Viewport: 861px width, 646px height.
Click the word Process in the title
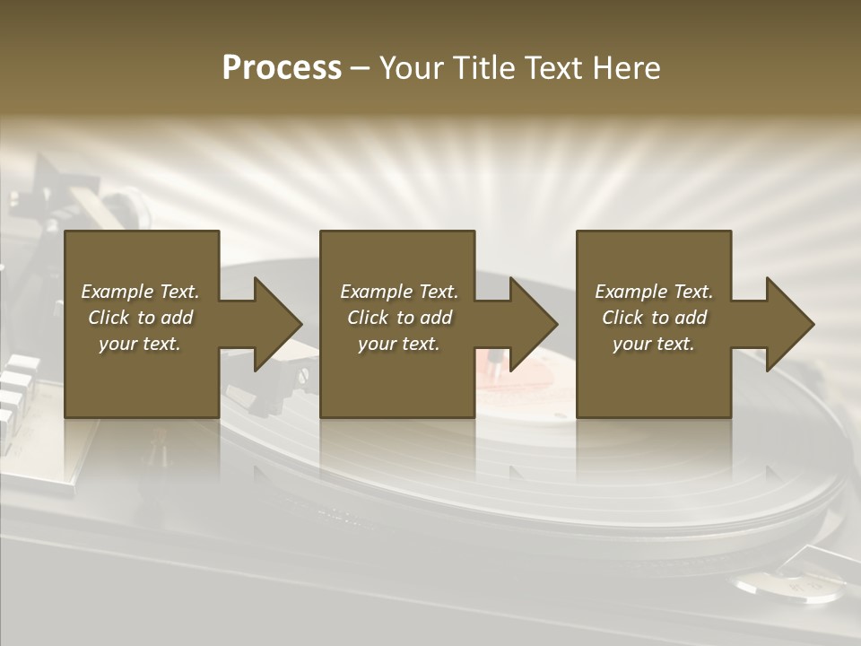click(282, 68)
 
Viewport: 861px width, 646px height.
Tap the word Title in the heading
click(484, 68)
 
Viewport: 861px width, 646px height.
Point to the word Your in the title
click(413, 68)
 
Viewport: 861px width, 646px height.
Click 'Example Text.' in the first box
click(140, 292)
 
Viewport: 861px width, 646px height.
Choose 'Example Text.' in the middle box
click(399, 292)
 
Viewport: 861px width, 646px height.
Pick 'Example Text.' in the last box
click(654, 292)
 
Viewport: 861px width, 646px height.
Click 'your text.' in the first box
click(140, 344)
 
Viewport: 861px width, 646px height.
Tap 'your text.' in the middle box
click(399, 344)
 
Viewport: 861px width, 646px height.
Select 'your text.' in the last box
click(654, 344)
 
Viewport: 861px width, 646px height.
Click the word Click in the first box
click(109, 318)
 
